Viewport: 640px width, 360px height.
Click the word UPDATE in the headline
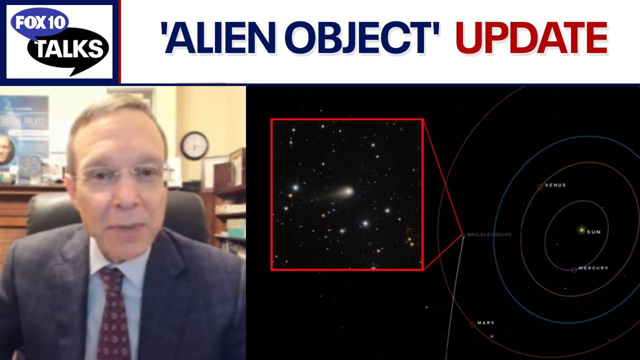click(531, 38)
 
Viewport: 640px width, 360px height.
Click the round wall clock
click(194, 145)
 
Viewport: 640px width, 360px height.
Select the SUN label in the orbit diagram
click(593, 232)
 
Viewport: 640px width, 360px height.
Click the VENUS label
click(555, 185)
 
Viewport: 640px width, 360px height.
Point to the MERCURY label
click(593, 268)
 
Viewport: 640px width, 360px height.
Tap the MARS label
click(485, 323)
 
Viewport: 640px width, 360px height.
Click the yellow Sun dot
click(581, 230)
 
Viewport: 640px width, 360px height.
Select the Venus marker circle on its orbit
click(540, 187)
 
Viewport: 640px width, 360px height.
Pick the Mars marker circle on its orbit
click(472, 324)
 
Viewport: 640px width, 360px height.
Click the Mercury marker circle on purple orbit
click(574, 269)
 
